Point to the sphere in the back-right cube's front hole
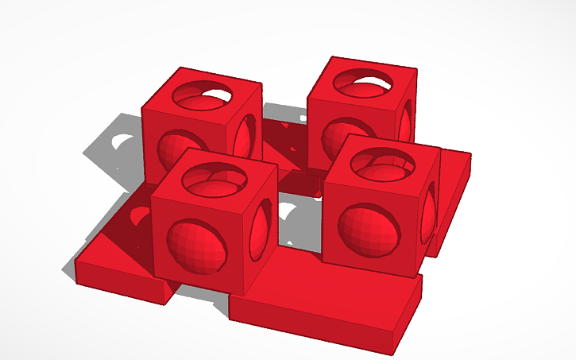pos(338,135)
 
